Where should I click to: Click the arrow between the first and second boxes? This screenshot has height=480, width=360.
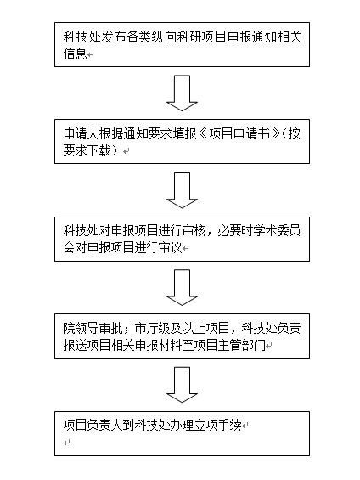point(182,93)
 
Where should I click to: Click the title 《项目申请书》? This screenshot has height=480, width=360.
point(239,134)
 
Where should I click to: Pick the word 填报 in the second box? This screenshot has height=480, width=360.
point(186,134)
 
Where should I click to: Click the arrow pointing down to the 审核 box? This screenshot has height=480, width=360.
point(182,190)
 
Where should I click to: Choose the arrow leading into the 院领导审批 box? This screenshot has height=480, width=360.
point(182,287)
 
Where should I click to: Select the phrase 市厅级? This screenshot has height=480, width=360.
point(152,329)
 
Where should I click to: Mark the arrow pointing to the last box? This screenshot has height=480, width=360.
point(182,385)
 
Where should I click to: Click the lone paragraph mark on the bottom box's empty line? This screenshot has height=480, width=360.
point(67,443)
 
